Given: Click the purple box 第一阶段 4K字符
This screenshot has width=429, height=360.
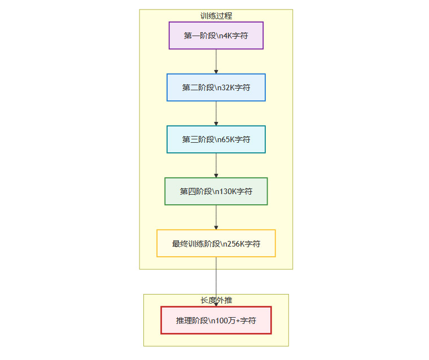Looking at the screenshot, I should point(216,36).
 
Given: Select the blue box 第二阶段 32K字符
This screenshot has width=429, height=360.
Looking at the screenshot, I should point(216,87).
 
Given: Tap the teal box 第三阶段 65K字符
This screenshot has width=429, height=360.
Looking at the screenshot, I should point(216,139).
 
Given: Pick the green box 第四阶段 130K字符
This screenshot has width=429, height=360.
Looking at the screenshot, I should point(216,191).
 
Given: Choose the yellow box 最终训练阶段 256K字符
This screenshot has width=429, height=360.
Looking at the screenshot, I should point(216,243).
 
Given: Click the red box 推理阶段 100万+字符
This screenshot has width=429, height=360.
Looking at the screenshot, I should point(216,321).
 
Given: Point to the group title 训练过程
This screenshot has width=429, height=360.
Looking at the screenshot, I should point(216,16).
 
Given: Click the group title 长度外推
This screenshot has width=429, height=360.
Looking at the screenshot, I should point(216,300).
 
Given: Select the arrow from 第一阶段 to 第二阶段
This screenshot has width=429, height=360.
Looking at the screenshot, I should point(216,62).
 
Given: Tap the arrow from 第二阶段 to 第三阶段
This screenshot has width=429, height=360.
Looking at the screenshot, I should point(216,113).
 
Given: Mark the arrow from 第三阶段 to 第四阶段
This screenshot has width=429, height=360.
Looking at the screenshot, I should point(216,165).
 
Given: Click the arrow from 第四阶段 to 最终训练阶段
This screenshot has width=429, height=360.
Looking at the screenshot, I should point(216,217).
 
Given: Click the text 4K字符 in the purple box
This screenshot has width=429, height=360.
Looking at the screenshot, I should point(236,36).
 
